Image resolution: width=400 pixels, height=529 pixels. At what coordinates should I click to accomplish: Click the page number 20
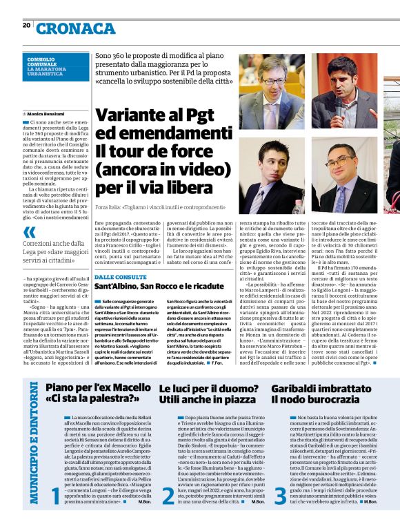tap(26, 25)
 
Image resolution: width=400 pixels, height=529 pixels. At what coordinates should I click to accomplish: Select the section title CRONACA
tap(76, 29)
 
